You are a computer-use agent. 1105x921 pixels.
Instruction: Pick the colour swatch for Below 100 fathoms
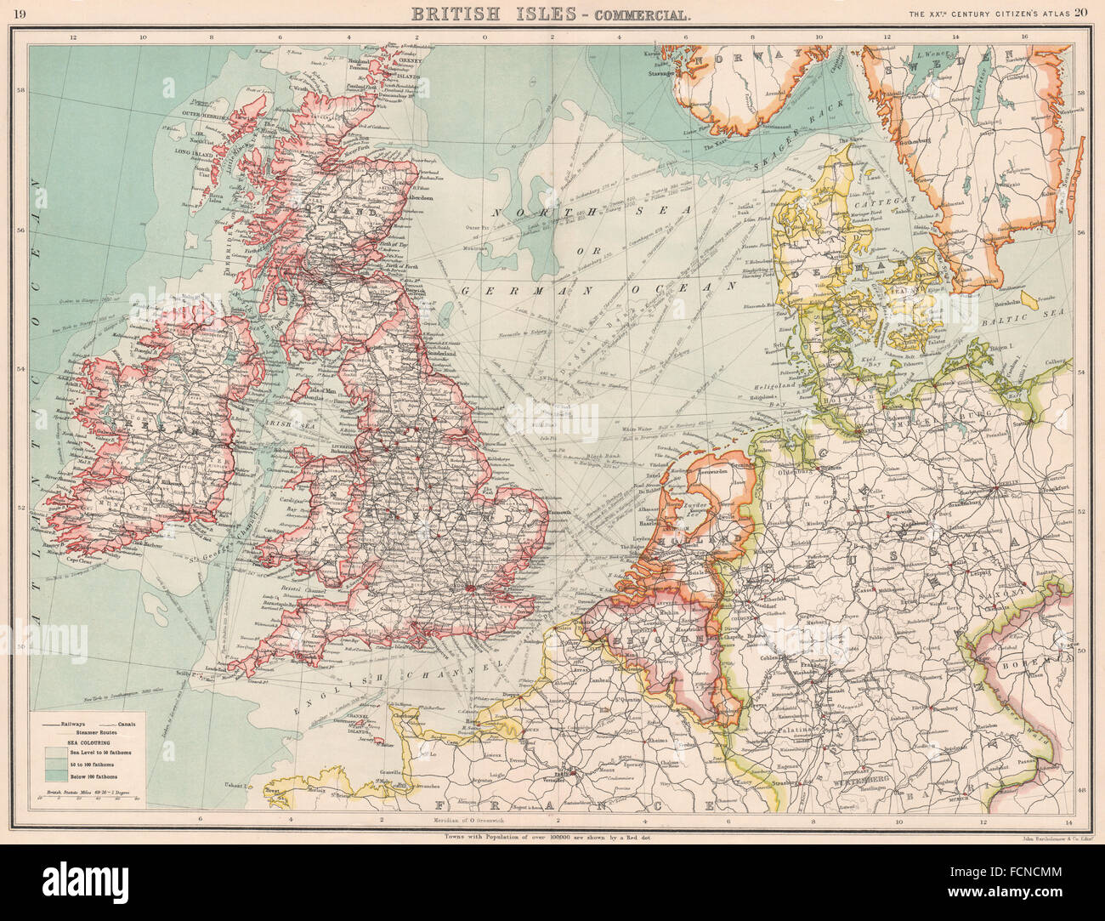53,775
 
